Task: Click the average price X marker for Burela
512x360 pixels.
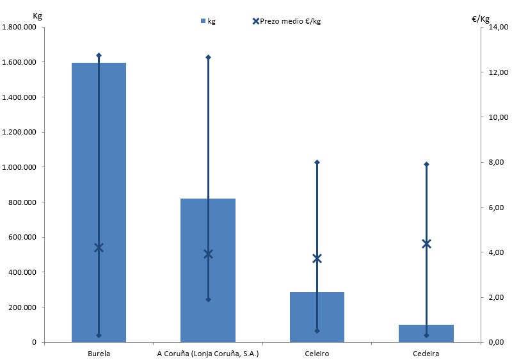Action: pyautogui.click(x=99, y=248)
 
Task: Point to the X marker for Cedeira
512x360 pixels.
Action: pyautogui.click(x=426, y=243)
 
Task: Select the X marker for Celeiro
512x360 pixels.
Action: pyautogui.click(x=317, y=259)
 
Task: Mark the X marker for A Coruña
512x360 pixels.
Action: pyautogui.click(x=208, y=254)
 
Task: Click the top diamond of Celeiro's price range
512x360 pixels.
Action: pyautogui.click(x=317, y=162)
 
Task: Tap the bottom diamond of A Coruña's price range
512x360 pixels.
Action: pyautogui.click(x=208, y=299)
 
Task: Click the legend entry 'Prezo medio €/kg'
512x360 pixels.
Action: pyautogui.click(x=286, y=21)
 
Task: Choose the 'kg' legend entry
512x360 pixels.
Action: pyautogui.click(x=208, y=21)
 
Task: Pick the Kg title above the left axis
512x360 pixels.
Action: pyautogui.click(x=37, y=15)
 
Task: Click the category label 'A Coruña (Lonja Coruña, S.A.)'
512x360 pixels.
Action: pyautogui.click(x=207, y=353)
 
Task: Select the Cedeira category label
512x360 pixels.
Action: pyautogui.click(x=426, y=353)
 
